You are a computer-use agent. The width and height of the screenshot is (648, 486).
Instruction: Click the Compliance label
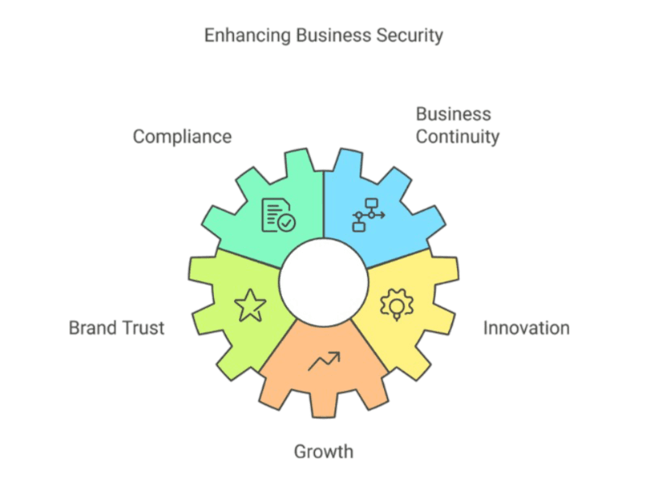[182, 137]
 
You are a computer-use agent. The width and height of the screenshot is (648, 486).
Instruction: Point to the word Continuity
[458, 137]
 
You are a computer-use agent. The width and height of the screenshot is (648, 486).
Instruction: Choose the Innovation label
[526, 328]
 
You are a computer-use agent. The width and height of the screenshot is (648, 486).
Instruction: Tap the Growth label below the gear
[323, 451]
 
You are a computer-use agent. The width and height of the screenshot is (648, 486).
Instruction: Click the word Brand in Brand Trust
[92, 328]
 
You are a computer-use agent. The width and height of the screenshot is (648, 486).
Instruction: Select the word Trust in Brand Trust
[143, 328]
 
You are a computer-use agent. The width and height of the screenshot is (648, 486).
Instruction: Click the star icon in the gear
[249, 305]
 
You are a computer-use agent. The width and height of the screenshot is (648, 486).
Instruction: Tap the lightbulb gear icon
[397, 305]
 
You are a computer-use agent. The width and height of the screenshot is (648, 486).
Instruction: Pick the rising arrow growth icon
[324, 361]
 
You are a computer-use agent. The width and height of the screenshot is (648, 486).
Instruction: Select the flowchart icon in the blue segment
[369, 215]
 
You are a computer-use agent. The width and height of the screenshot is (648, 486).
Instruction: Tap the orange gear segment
[324, 389]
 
